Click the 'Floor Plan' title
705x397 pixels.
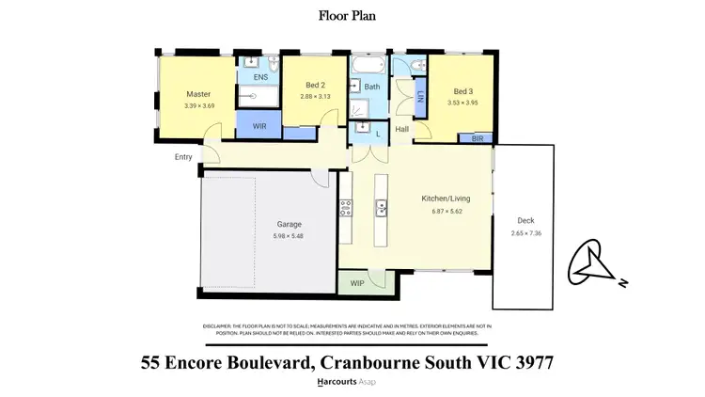[352, 15]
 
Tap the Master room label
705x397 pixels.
[197, 94]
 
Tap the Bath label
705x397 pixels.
[372, 87]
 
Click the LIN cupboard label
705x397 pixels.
[419, 97]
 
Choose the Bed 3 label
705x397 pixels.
[462, 92]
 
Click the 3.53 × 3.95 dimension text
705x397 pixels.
[462, 103]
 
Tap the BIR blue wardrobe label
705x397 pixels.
[477, 138]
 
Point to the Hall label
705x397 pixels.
[401, 130]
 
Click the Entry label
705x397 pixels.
[182, 157]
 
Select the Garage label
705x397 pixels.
[289, 225]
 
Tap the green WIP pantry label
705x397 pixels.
[358, 281]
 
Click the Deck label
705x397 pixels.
[525, 221]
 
